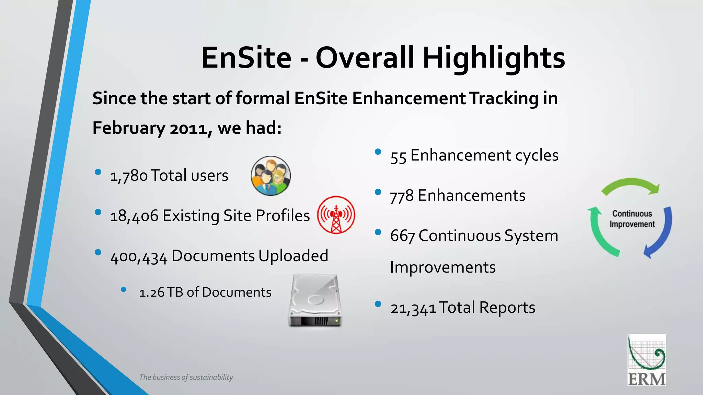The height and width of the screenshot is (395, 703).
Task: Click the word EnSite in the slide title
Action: click(246, 58)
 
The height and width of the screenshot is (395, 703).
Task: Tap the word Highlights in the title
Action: click(494, 58)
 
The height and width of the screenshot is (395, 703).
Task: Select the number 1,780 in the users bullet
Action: click(129, 176)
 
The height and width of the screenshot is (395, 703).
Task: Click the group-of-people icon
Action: click(270, 176)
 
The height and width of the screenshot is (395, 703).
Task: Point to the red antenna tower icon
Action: click(336, 215)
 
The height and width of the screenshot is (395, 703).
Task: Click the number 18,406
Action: click(134, 216)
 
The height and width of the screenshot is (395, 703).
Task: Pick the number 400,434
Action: click(139, 256)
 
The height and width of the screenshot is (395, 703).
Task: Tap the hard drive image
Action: click(315, 300)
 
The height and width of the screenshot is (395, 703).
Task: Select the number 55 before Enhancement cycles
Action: click(398, 156)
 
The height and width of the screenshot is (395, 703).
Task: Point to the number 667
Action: click(402, 236)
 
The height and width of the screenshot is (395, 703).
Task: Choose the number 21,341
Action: click(413, 308)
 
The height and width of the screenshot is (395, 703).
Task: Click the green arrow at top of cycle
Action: click(631, 185)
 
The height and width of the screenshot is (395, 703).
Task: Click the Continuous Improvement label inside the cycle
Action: click(632, 219)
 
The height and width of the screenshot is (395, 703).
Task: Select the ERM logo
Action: click(647, 360)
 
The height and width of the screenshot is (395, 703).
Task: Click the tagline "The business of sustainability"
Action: click(186, 377)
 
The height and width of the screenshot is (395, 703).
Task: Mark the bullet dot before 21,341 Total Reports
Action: click(378, 304)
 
